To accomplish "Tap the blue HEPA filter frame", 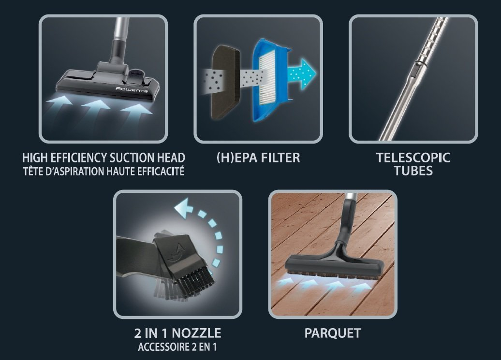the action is [x=271, y=80].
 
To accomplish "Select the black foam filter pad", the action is [x=226, y=82].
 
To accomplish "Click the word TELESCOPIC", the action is [x=413, y=158].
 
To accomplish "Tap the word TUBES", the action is [x=413, y=171].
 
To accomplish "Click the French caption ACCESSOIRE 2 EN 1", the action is [x=177, y=347].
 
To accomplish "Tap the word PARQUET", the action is [x=333, y=333].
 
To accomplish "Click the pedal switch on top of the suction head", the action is [x=136, y=76].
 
